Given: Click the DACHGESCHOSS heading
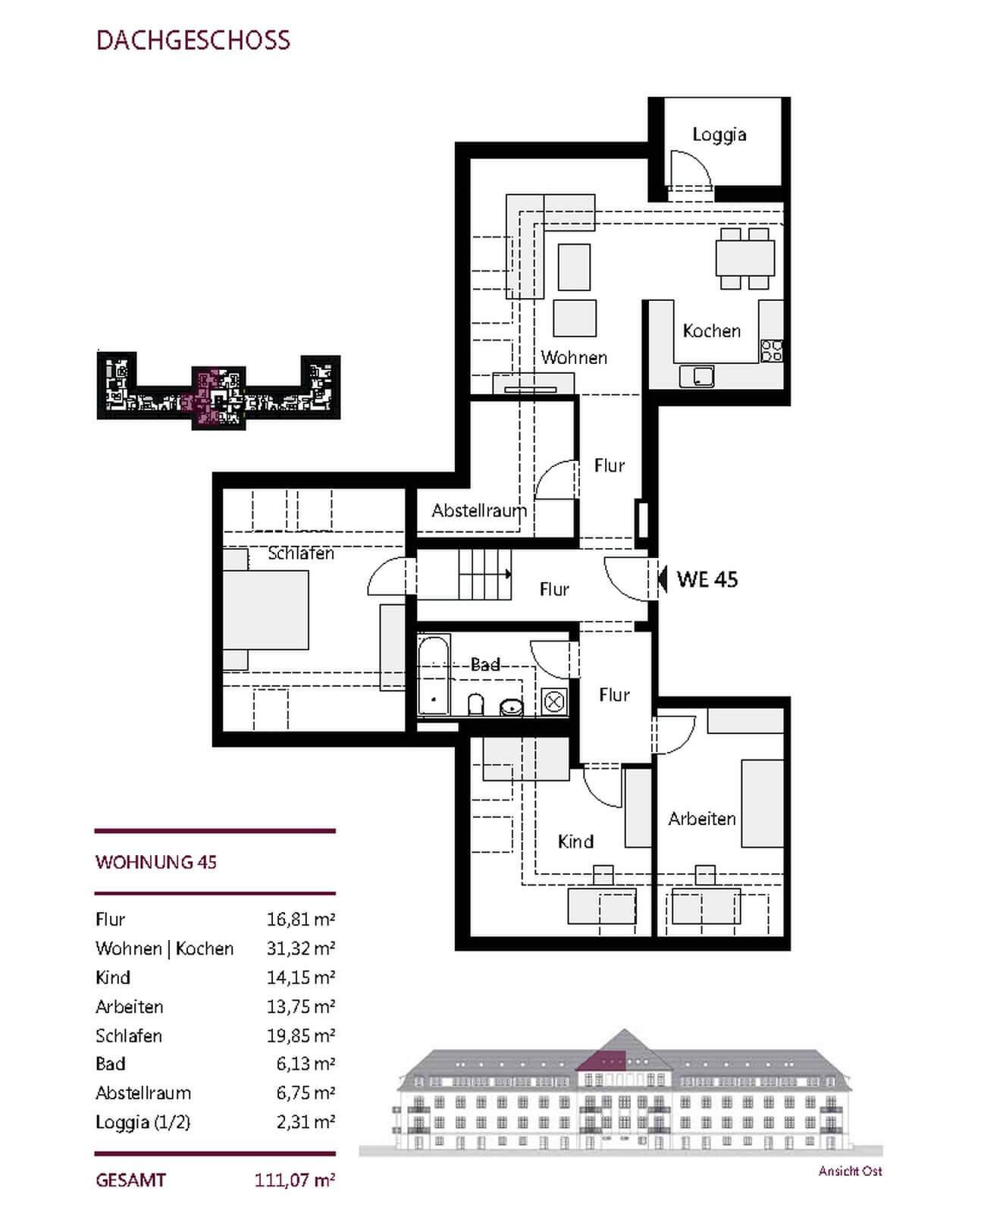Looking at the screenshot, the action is pos(193,40).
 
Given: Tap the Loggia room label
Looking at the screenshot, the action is pos(719,135).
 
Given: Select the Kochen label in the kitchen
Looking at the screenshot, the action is pos(711,331).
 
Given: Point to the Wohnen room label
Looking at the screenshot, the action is pos(574,357).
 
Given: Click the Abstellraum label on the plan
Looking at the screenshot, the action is pos(478,510).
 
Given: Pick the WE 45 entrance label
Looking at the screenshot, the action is pos(707,580).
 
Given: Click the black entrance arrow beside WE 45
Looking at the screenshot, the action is pos(662,579).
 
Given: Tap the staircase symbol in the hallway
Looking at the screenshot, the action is pos(484,574).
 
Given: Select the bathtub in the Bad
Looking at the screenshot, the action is pos(434,675).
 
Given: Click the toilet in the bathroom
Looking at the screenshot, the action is pos(476,704).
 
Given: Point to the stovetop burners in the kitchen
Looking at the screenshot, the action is pos(772,350).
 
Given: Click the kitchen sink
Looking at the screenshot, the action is pos(697,376).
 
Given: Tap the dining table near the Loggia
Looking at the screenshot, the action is pos(745,259).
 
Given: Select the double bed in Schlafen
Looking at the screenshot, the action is pos(266,609).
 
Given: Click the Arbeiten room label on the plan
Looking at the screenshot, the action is pos(702,819).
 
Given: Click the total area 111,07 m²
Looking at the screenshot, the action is pos(295,1180).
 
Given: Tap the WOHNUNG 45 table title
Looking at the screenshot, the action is pos(156,862).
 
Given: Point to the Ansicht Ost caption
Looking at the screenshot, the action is pos(850,1171).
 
